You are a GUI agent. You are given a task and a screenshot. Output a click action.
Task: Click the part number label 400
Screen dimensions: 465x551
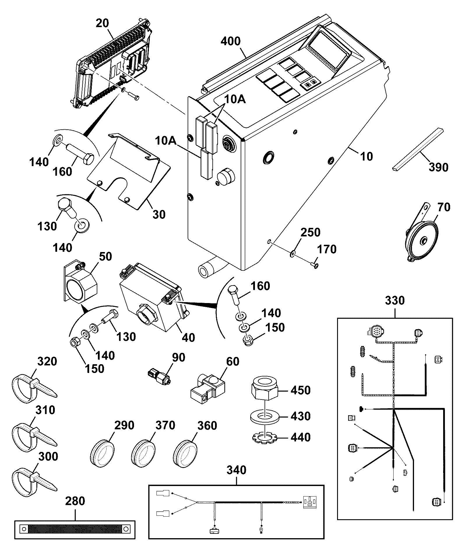point(230,41)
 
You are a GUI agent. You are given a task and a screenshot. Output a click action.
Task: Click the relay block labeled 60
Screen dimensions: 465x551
point(207,388)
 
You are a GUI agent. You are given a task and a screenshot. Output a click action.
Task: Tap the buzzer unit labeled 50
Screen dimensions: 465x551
point(80,283)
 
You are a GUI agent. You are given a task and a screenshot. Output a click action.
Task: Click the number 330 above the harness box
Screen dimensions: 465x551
point(395,300)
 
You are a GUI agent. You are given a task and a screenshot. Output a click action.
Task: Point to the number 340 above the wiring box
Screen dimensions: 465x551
point(236,470)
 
